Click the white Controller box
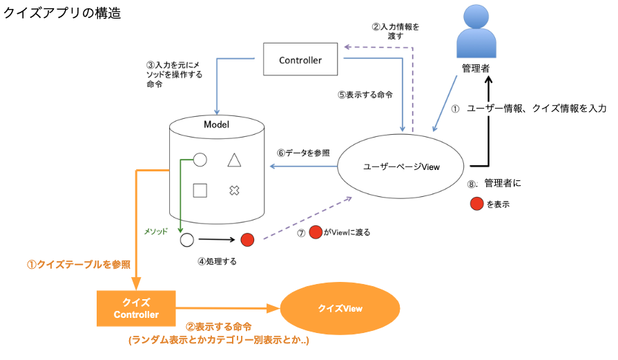(x=300, y=60)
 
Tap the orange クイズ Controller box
(x=136, y=308)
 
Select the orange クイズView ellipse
(x=340, y=308)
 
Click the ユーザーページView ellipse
(x=402, y=167)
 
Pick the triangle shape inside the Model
(x=234, y=160)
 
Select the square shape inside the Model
(x=200, y=190)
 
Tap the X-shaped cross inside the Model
(x=234, y=190)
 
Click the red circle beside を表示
(x=476, y=205)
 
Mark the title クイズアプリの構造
(x=63, y=13)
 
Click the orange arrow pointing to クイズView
(x=228, y=308)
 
